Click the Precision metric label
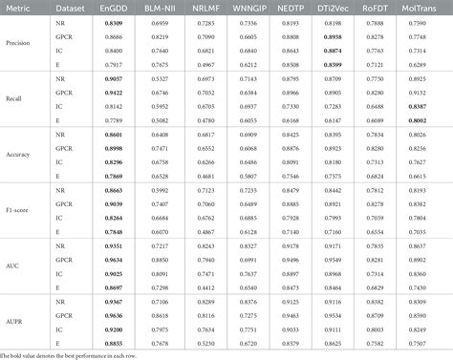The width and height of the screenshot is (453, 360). tap(22, 41)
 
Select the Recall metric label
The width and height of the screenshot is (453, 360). tap(17, 98)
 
